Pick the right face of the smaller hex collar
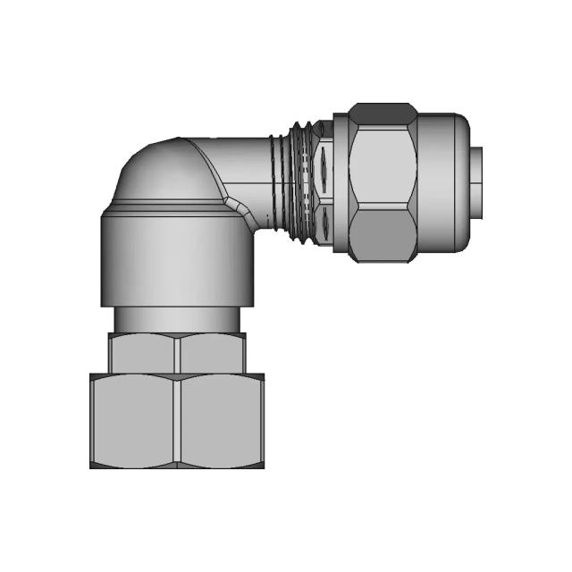coord(213,353)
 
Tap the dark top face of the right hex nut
coord(383,114)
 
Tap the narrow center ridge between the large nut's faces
coord(178,420)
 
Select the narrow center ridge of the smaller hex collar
coord(177,353)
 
